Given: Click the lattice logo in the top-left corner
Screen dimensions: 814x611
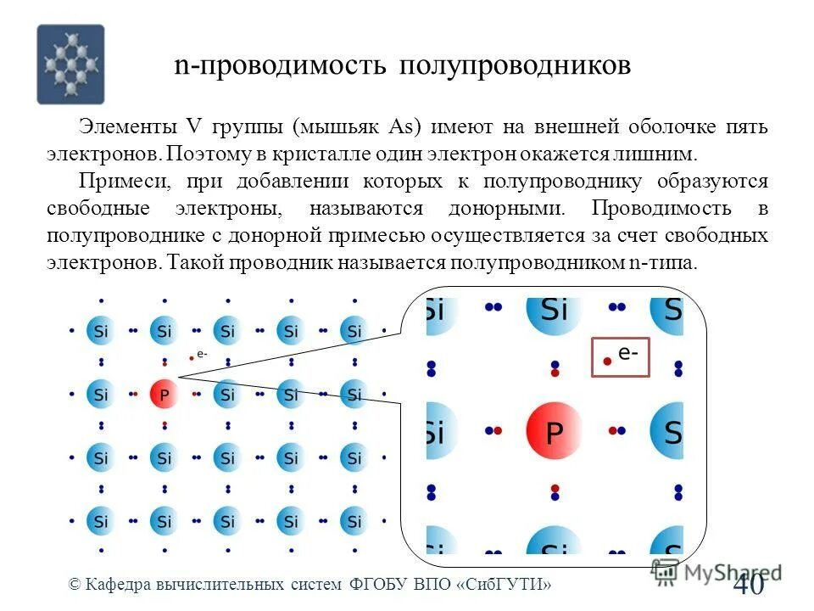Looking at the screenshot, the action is coord(70,64).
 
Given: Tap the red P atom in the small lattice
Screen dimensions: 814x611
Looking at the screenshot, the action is coord(164,395).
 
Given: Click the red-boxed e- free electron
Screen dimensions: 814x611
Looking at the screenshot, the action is coord(619,356).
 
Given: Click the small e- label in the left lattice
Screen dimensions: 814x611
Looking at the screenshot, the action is coord(202,354).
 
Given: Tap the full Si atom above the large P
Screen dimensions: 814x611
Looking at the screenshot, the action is coord(554,311).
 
